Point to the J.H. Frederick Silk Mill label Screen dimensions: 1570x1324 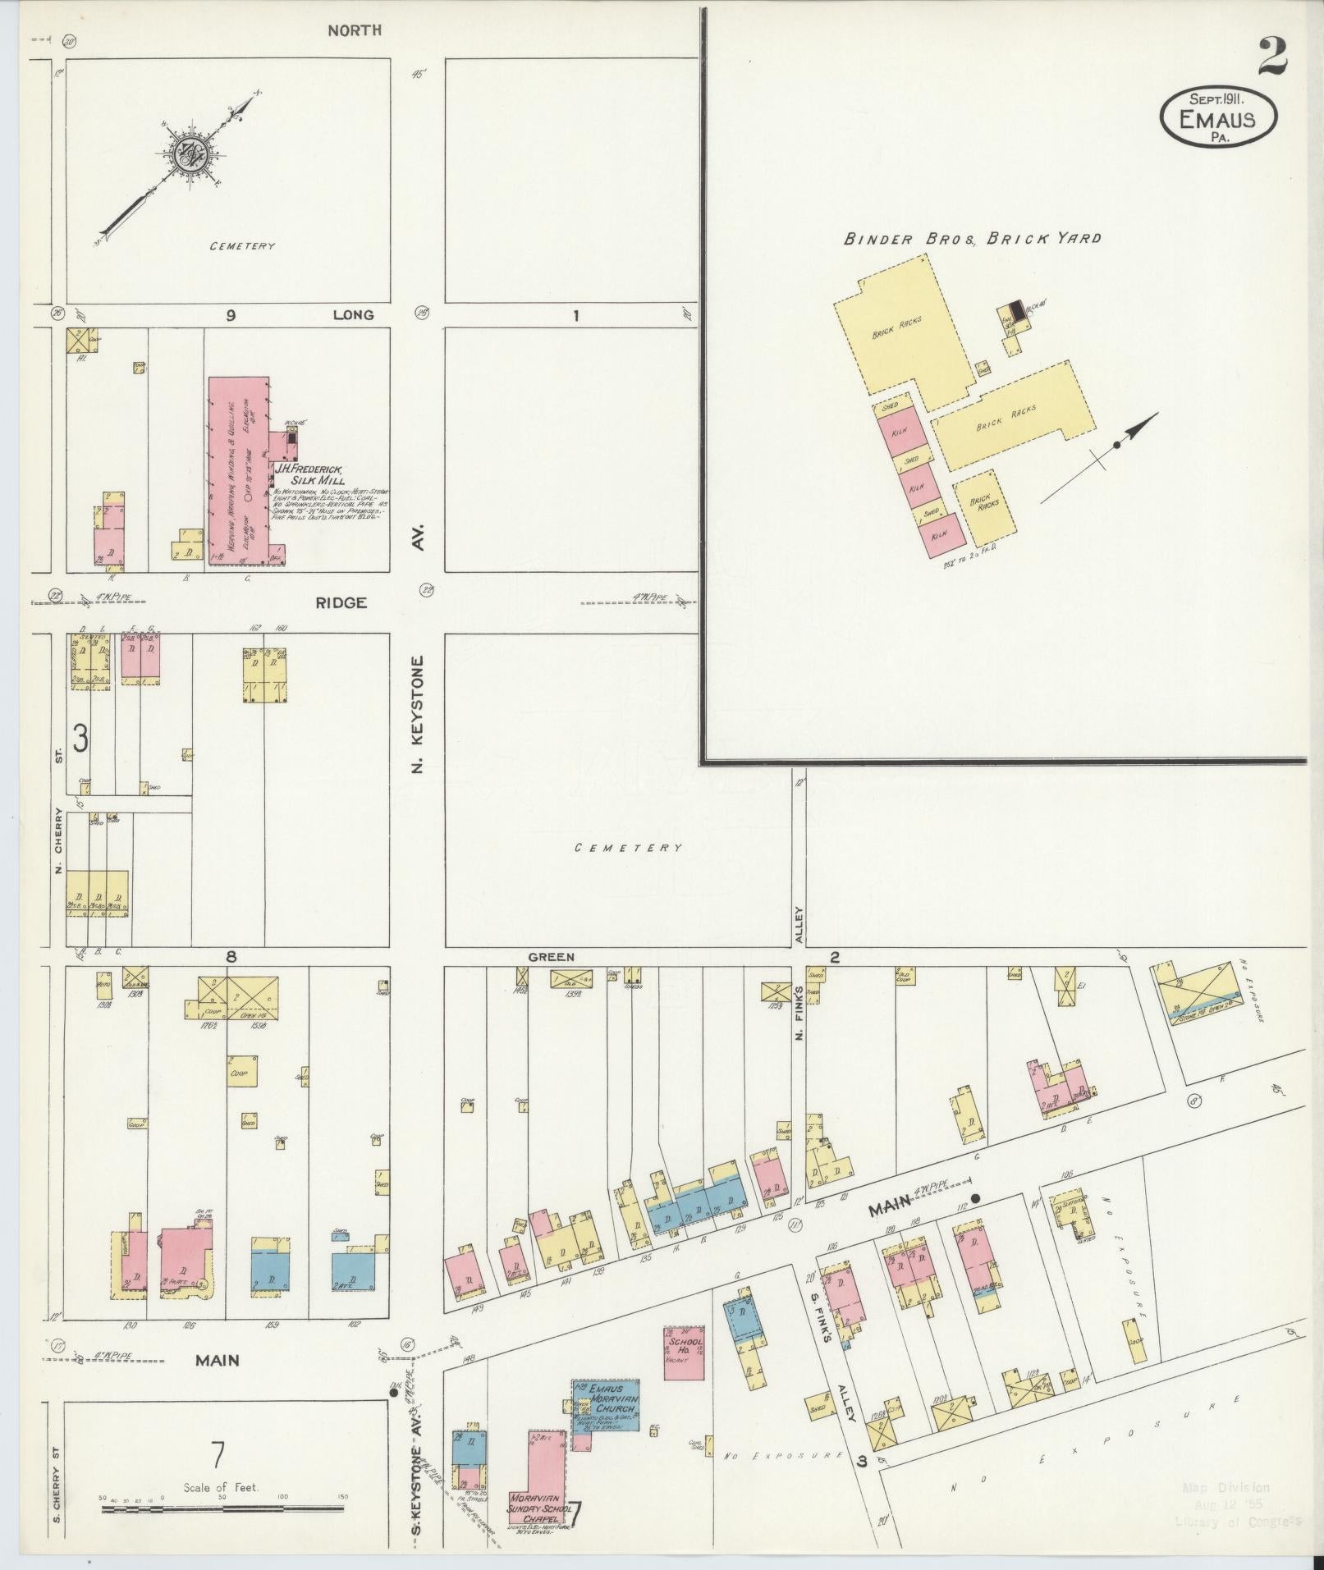pyautogui.click(x=309, y=474)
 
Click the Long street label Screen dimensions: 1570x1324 pyautogui.click(x=353, y=314)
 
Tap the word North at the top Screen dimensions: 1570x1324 pyautogui.click(x=354, y=30)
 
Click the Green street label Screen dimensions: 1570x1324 pyautogui.click(x=551, y=957)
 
